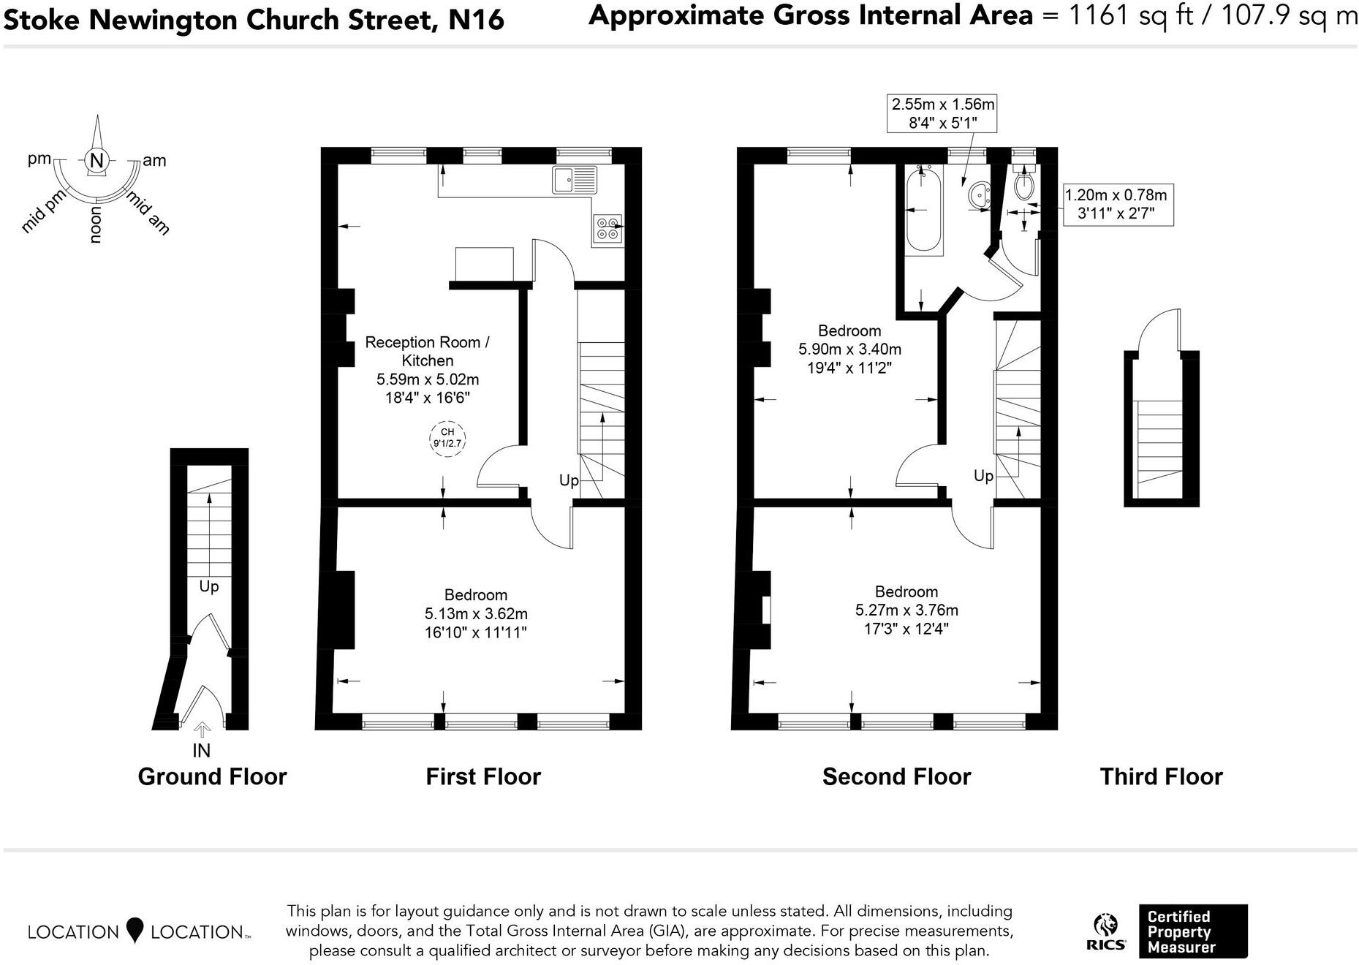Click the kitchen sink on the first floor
click(x=575, y=180)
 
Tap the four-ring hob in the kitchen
click(x=607, y=229)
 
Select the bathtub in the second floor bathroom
click(x=923, y=209)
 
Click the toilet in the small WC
click(x=1024, y=186)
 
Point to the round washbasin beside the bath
click(x=979, y=196)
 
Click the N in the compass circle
click(x=96, y=161)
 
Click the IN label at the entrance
click(x=201, y=751)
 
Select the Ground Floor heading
click(x=212, y=776)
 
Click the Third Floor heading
click(x=1161, y=776)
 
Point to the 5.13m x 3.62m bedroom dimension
click(x=476, y=613)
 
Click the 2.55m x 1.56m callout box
click(x=942, y=114)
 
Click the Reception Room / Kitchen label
click(x=427, y=351)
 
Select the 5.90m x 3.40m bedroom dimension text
click(x=849, y=349)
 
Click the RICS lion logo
click(x=1105, y=927)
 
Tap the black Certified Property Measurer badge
click(x=1192, y=931)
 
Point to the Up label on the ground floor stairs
click(x=209, y=586)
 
